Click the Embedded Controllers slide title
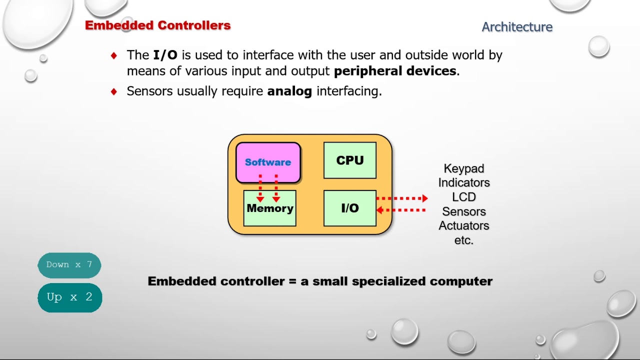pyautogui.click(x=157, y=25)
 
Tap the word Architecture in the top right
pyautogui.click(x=517, y=27)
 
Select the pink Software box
pyautogui.click(x=268, y=162)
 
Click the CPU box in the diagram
pyautogui.click(x=349, y=160)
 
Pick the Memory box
pyautogui.click(x=269, y=208)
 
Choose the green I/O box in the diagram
pyautogui.click(x=349, y=208)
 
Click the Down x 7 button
pyautogui.click(x=69, y=265)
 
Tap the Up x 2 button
pyautogui.click(x=69, y=297)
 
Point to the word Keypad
pyautogui.click(x=463, y=168)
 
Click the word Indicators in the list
pyautogui.click(x=463, y=183)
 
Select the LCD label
pyautogui.click(x=463, y=197)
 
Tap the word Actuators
pyautogui.click(x=463, y=225)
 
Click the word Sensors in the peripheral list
pyautogui.click(x=463, y=211)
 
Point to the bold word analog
pyautogui.click(x=289, y=91)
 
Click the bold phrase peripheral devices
pyautogui.click(x=395, y=71)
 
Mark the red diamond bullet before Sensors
pyautogui.click(x=114, y=91)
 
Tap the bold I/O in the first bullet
pyautogui.click(x=165, y=55)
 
